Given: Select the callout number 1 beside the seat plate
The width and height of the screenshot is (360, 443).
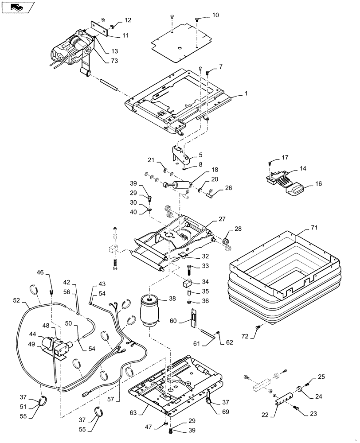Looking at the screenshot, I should (x=245, y=95).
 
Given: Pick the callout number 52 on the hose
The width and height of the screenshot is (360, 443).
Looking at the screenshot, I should (x=16, y=300).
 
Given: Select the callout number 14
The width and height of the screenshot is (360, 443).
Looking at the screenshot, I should (x=303, y=169).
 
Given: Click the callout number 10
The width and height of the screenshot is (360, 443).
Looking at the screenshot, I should (x=215, y=16).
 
